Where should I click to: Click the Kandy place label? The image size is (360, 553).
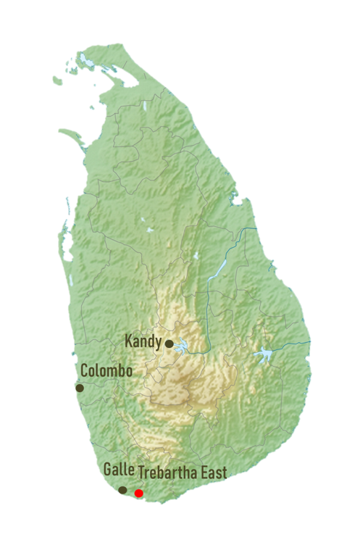point(143,341)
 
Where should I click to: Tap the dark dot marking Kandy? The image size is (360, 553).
point(169,344)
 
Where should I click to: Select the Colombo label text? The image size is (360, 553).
point(106,371)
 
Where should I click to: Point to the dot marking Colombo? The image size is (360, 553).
point(80,388)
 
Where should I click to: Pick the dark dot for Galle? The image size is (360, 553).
point(122,490)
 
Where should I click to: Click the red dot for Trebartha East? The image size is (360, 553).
point(139,493)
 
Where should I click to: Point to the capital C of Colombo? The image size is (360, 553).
point(85,371)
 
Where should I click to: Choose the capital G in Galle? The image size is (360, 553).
point(107,470)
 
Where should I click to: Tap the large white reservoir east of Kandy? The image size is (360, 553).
point(265,356)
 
